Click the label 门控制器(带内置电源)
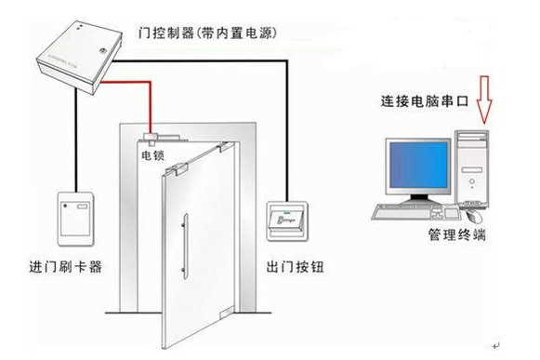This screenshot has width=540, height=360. pos(207,33)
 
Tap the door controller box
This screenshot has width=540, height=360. pos(80,58)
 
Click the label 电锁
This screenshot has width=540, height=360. pos(153,155)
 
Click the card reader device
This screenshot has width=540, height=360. pos(76,219)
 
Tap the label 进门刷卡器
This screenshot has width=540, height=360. pos(66,267)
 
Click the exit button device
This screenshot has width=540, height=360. pos(287,221)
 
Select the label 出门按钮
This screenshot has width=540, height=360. pos(295,267)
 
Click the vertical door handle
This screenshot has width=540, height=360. pos(185,246)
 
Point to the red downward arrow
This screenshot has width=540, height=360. pos(484,100)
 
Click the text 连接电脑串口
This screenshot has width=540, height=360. pos(425,101)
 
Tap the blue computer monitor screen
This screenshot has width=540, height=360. pos(418,166)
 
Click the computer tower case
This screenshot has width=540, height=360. pos(471,169)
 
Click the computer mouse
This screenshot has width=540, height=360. pos(475,217)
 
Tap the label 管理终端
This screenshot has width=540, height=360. pos(457,235)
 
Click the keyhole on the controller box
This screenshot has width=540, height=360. pos(102,51)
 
